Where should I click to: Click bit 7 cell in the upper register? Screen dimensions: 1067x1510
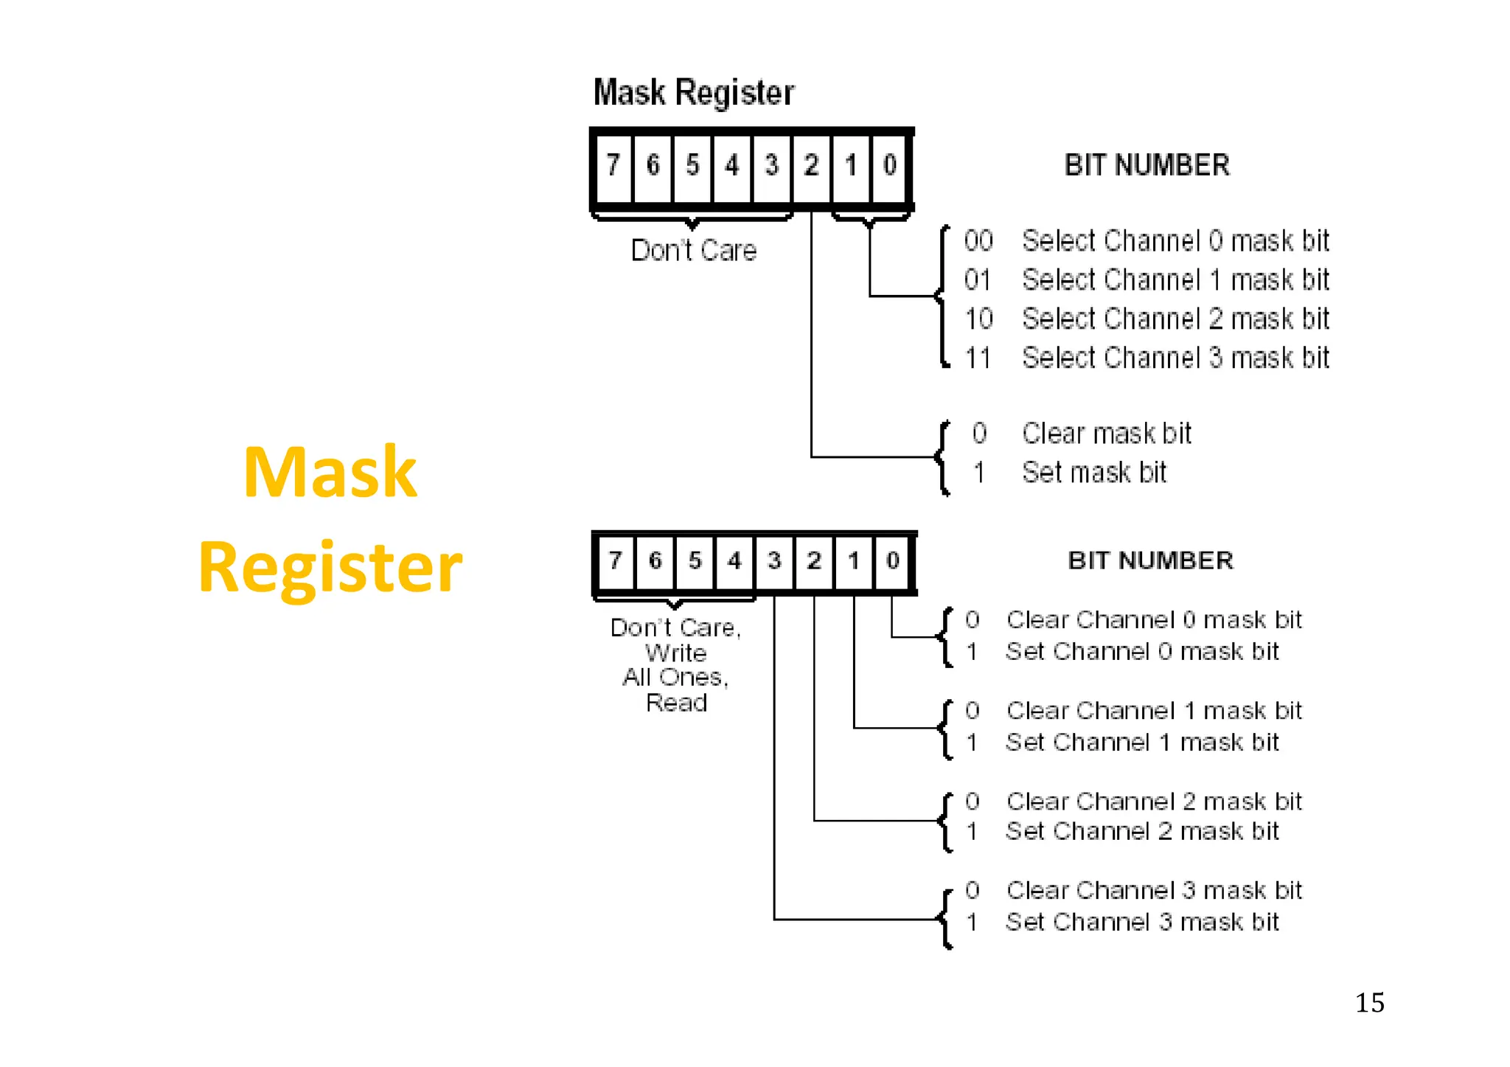click(613, 165)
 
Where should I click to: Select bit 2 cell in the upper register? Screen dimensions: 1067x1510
click(811, 165)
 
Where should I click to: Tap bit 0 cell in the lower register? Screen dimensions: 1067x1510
click(892, 560)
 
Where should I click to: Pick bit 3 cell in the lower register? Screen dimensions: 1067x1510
click(773, 560)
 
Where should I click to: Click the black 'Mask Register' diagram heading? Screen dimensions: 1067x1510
click(694, 93)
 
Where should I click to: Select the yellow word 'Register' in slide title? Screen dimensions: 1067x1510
click(330, 566)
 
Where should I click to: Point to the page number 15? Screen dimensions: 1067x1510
click(1369, 1003)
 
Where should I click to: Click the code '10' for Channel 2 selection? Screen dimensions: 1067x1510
click(978, 319)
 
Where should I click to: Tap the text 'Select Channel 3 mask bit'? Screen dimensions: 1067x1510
click(1175, 358)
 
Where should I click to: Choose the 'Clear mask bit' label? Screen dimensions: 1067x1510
click(1106, 434)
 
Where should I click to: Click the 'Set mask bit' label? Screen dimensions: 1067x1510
click(1094, 473)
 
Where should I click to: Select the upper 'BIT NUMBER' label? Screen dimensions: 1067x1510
click(1147, 165)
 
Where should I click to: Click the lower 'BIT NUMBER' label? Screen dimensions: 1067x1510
click(1150, 560)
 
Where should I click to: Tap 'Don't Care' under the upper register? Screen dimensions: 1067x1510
click(694, 251)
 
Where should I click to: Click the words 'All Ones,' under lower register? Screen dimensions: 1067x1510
click(675, 677)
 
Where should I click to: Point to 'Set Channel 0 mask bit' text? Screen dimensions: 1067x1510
click(1142, 652)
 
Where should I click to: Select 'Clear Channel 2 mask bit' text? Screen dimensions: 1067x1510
click(1154, 802)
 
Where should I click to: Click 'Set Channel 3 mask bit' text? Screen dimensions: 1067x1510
click(1142, 922)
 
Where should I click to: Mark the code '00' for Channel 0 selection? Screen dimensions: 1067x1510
click(978, 241)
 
